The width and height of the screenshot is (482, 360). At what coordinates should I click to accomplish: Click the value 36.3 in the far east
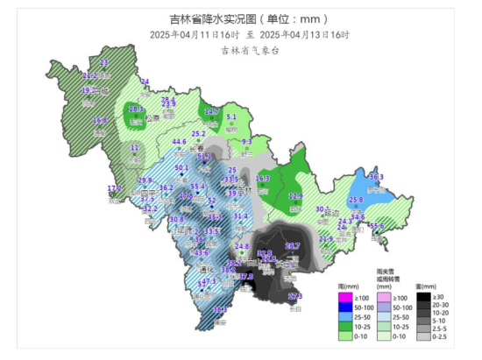point(376,177)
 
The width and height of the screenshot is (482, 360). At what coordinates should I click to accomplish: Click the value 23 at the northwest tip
point(104,63)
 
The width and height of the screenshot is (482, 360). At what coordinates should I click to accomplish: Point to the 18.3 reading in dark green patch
point(136,109)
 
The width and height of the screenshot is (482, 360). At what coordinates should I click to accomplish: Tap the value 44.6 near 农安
point(180,142)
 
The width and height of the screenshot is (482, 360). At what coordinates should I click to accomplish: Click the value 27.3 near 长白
point(295,296)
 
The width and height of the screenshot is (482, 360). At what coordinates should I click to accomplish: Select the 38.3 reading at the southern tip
point(220,309)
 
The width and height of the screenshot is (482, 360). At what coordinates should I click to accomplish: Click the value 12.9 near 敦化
point(295,196)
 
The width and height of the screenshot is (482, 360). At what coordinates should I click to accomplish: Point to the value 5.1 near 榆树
point(232,116)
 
